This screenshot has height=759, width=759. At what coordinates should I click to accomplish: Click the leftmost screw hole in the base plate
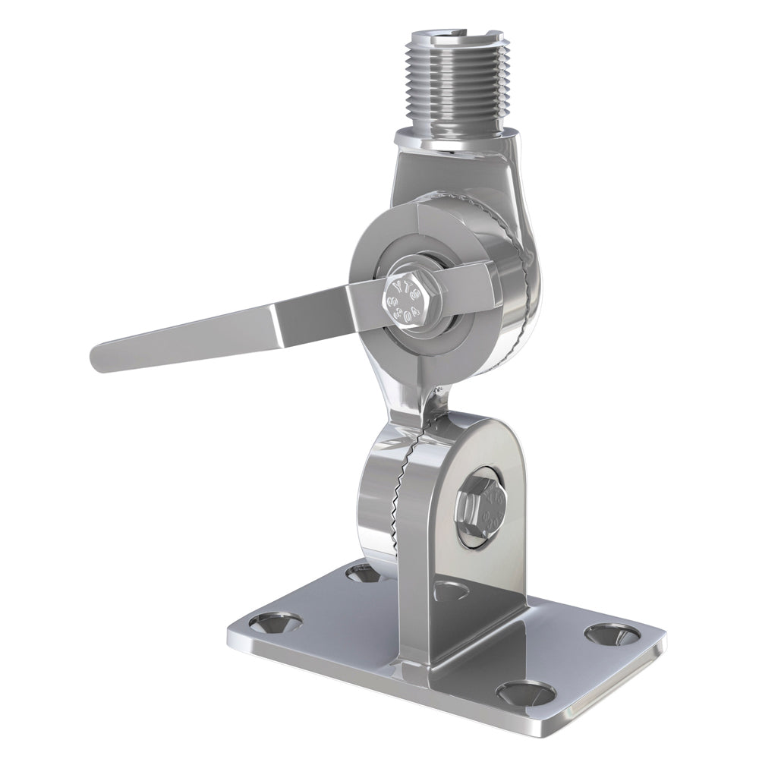click(x=274, y=622)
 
